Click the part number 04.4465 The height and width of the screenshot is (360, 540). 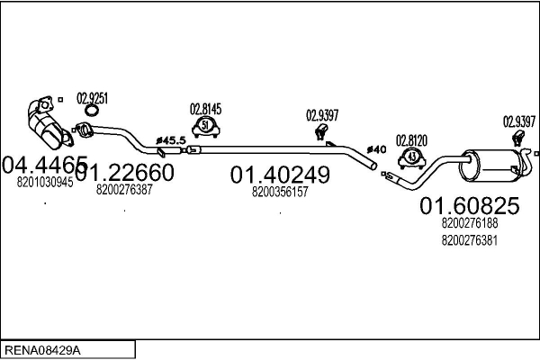point(45,165)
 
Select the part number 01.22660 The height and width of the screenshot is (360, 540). point(125,172)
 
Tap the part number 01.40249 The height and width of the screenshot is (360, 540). point(280,175)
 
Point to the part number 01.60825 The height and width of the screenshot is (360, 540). point(470,206)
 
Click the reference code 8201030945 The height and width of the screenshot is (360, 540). point(45,182)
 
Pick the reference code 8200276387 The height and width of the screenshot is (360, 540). point(124,190)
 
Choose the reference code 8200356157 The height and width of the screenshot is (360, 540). point(280,192)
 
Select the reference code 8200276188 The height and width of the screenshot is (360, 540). point(470,223)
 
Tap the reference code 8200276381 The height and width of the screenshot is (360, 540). point(470,240)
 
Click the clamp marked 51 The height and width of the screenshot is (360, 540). point(206,127)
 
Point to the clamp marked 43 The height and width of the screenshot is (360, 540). point(412,158)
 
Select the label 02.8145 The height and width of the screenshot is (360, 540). point(205,109)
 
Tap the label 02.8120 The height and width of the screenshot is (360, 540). point(411,140)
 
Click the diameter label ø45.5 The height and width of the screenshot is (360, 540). point(171,140)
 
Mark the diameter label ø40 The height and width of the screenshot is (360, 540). point(376,150)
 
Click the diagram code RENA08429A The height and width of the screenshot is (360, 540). point(42,350)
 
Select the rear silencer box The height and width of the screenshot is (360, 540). point(490,166)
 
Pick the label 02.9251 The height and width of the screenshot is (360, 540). point(92,98)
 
